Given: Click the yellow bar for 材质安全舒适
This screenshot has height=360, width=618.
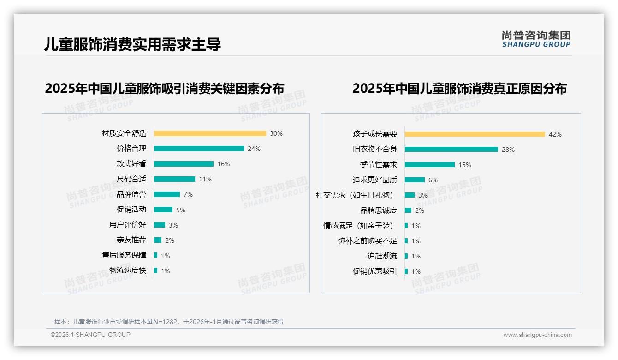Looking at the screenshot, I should pyautogui.click(x=210, y=133).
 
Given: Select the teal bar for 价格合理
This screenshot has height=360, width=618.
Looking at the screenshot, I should pyautogui.click(x=199, y=149).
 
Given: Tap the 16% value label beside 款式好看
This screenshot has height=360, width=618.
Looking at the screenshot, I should pyautogui.click(x=224, y=164).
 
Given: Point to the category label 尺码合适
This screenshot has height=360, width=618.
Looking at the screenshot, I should pyautogui.click(x=131, y=179).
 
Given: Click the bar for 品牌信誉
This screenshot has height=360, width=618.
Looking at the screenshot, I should pyautogui.click(x=167, y=194).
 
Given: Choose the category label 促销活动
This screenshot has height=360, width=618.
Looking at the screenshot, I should pyautogui.click(x=131, y=210).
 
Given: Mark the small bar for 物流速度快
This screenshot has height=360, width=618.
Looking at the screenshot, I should pyautogui.click(x=156, y=270).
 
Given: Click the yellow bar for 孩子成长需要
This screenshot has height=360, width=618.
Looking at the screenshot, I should pyautogui.click(x=475, y=134).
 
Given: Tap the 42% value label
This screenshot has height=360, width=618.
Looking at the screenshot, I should pyautogui.click(x=555, y=134).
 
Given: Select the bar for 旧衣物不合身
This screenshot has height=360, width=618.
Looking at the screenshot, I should pyautogui.click(x=452, y=150).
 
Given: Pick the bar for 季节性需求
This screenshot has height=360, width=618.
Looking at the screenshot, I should pyautogui.click(x=430, y=165).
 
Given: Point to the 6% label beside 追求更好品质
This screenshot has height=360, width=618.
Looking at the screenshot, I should pyautogui.click(x=433, y=180).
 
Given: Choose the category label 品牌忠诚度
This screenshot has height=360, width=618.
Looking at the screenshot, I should pyautogui.click(x=379, y=210).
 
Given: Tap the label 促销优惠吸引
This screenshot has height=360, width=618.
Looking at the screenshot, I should pyautogui.click(x=375, y=271).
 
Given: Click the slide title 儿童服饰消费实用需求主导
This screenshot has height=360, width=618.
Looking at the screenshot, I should pyautogui.click(x=133, y=44).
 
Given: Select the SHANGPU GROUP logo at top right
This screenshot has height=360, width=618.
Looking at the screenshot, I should pyautogui.click(x=536, y=39).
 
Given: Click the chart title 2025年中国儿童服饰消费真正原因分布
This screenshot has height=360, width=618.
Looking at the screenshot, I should pyautogui.click(x=459, y=88).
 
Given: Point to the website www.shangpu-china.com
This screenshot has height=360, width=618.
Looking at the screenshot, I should pyautogui.click(x=537, y=335).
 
